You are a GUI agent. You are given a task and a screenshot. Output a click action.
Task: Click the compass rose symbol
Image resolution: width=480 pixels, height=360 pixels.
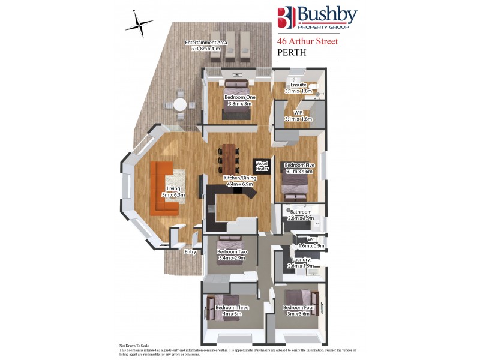[x=139, y=23]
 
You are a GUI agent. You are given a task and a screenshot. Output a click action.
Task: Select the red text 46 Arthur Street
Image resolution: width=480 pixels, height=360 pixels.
[x=307, y=41]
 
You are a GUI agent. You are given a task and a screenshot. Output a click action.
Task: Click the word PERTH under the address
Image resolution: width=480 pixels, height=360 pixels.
[x=292, y=53]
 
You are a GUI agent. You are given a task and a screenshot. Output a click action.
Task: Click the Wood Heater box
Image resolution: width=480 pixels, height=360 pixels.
[x=262, y=166]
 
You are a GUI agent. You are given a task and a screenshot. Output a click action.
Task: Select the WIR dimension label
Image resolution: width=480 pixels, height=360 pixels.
[x=298, y=119]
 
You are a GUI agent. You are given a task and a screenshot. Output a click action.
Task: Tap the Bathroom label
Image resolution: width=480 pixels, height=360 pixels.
[x=301, y=212]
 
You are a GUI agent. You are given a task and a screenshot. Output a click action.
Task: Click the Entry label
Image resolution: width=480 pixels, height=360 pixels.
[x=190, y=252]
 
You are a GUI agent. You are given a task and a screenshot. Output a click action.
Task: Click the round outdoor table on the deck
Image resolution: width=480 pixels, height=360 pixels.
[x=180, y=104]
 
